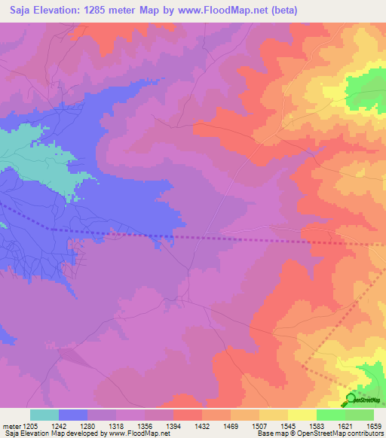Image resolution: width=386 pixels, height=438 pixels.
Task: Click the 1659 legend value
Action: click(374, 427)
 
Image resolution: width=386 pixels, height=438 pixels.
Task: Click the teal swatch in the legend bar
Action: click(44, 415)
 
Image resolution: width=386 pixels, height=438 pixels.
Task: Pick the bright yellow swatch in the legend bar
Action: click(302, 415)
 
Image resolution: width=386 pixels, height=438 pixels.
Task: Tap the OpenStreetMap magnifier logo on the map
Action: click(351, 399)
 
